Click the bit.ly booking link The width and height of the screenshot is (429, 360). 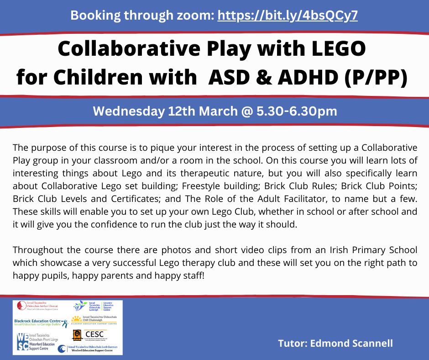point(288,16)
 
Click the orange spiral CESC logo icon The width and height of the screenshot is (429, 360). point(77,335)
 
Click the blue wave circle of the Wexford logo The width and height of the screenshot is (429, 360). point(62,349)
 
